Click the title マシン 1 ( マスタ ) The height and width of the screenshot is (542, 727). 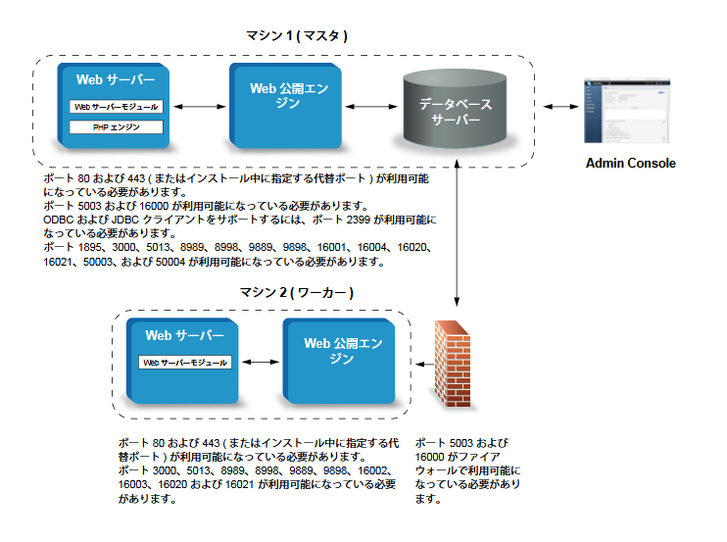pyautogui.click(x=297, y=35)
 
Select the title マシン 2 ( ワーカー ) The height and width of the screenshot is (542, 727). pyautogui.click(x=297, y=292)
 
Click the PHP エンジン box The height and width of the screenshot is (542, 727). pyautogui.click(x=117, y=127)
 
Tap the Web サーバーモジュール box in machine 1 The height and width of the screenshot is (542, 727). pyautogui.click(x=117, y=107)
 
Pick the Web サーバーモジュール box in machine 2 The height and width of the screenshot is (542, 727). pyautogui.click(x=185, y=362)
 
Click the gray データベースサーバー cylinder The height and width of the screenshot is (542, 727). pyautogui.click(x=455, y=109)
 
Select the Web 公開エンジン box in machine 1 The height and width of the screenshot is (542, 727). pyautogui.click(x=286, y=106)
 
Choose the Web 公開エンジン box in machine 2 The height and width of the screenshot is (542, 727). pyautogui.click(x=339, y=361)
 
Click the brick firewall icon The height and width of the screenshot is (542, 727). pyautogui.click(x=453, y=364)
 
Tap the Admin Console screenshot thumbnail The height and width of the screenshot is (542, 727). pyautogui.click(x=627, y=111)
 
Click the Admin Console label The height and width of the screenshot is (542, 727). pyautogui.click(x=631, y=164)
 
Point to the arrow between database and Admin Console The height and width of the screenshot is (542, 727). pyautogui.click(x=561, y=107)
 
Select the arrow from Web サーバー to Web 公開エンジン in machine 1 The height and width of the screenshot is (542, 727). pyautogui.click(x=199, y=107)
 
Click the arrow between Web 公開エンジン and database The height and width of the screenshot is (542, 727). pyautogui.click(x=371, y=107)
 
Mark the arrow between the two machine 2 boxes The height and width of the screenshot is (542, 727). pyautogui.click(x=261, y=362)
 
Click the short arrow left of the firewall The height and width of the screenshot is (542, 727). pyautogui.click(x=424, y=364)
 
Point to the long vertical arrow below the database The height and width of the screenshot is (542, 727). pyautogui.click(x=457, y=232)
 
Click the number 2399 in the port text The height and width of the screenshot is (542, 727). pyautogui.click(x=359, y=220)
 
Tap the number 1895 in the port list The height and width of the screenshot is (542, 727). pyautogui.click(x=90, y=247)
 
